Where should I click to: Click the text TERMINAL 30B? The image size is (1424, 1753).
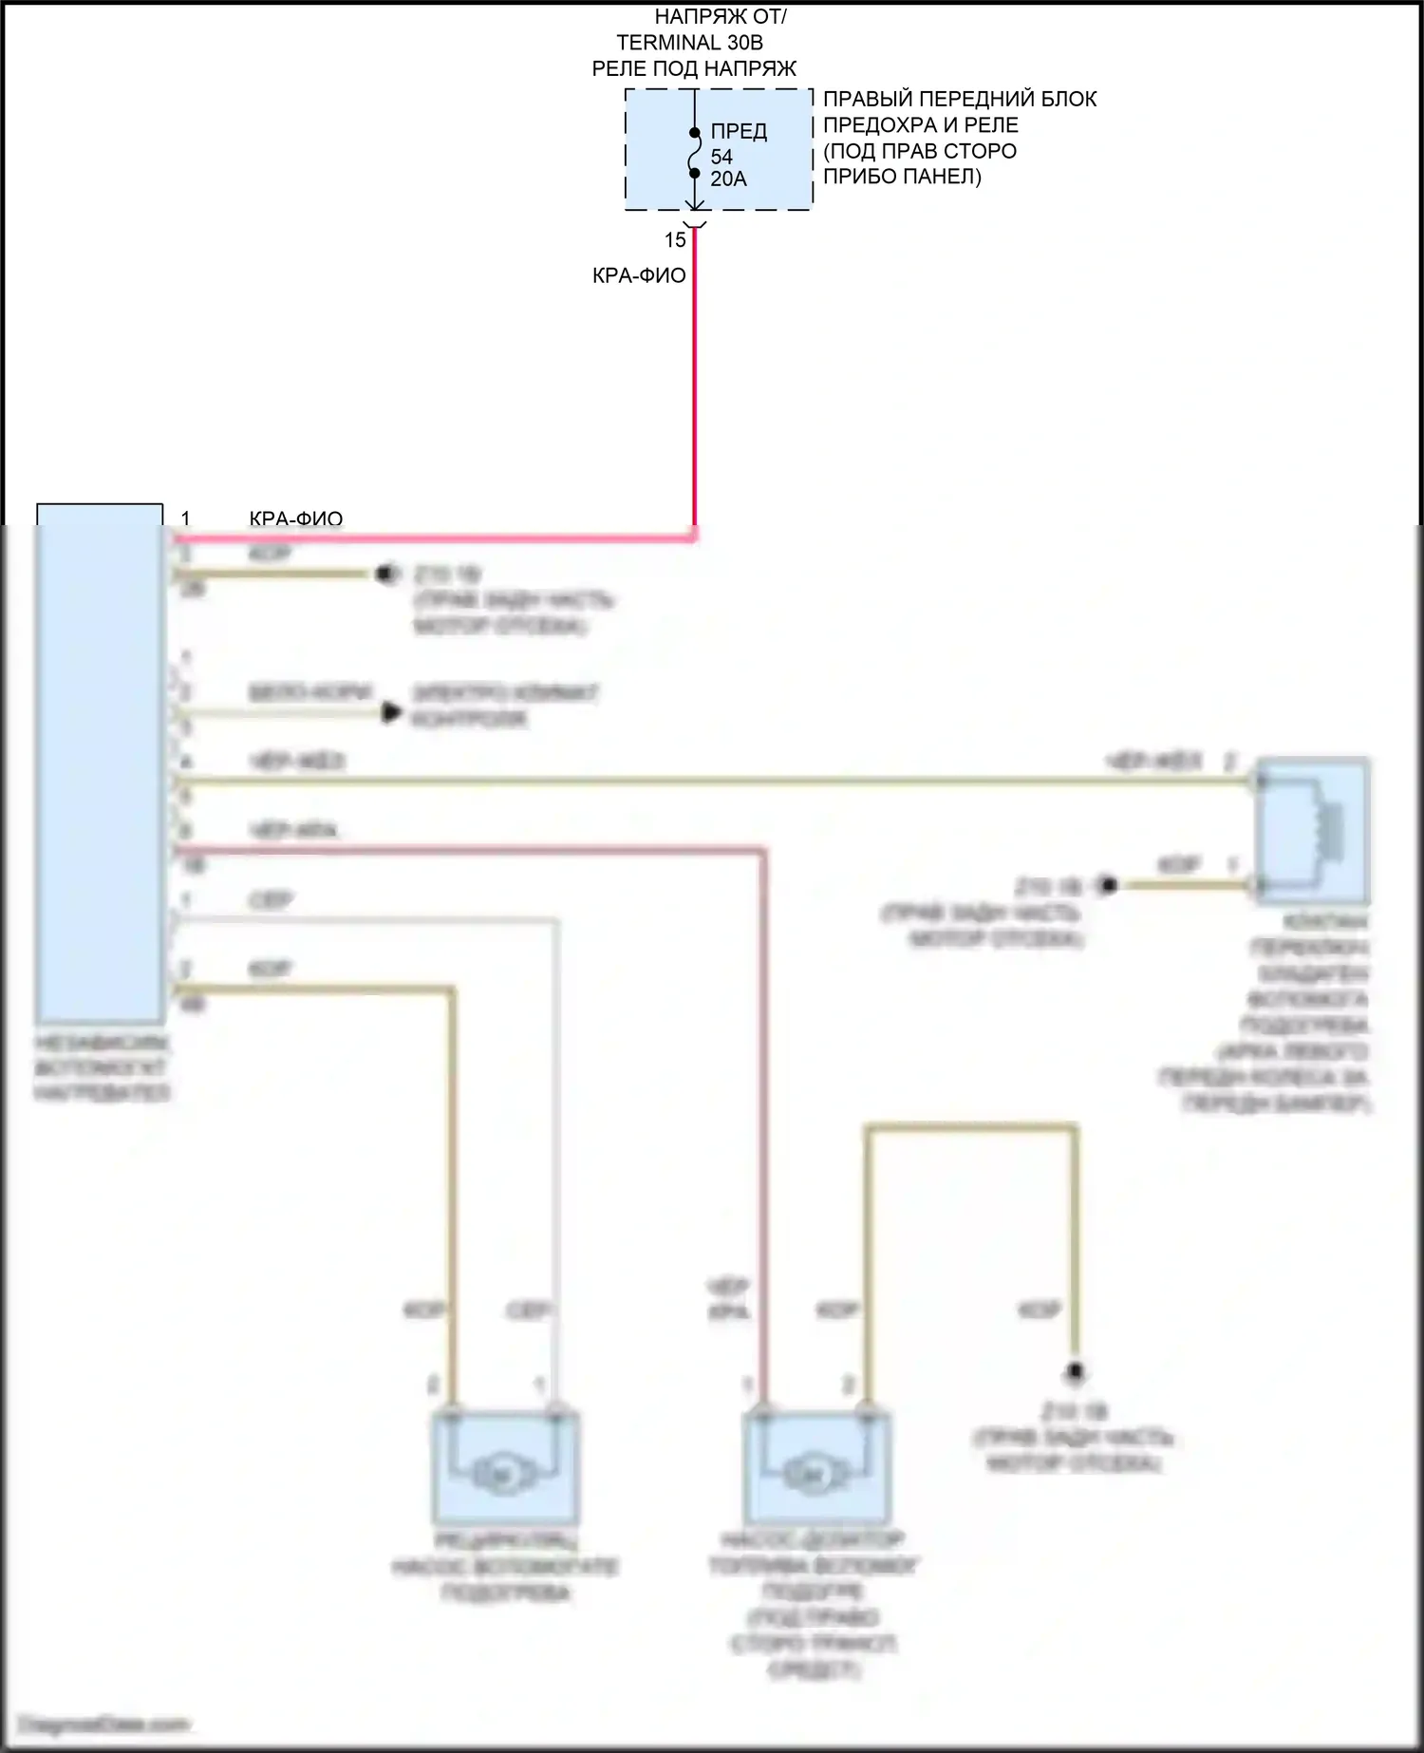tap(689, 43)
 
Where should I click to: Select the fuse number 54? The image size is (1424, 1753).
tap(721, 157)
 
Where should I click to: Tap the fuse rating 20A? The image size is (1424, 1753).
tap(728, 179)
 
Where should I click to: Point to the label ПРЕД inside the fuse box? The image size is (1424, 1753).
tap(739, 132)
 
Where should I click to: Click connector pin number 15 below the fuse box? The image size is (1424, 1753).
tap(675, 240)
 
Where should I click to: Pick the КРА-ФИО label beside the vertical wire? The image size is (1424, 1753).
tap(639, 275)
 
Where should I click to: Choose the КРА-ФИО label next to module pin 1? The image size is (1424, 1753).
tap(295, 518)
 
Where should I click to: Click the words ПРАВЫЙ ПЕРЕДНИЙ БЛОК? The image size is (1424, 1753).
tap(960, 99)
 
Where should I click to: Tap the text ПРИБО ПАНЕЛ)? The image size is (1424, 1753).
tap(902, 177)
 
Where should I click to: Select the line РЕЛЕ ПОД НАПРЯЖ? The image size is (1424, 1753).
tap(694, 68)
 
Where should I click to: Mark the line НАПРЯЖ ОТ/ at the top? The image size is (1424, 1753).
tap(721, 17)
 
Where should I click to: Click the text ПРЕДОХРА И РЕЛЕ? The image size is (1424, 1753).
tap(920, 124)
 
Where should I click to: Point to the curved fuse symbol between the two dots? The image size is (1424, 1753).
tap(695, 154)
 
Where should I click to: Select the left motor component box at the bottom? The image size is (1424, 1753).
tap(506, 1467)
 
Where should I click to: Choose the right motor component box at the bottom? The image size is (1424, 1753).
tap(816, 1467)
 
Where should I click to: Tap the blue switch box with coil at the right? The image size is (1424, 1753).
tap(1313, 830)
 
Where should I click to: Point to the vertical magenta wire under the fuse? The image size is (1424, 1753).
tap(695, 380)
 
